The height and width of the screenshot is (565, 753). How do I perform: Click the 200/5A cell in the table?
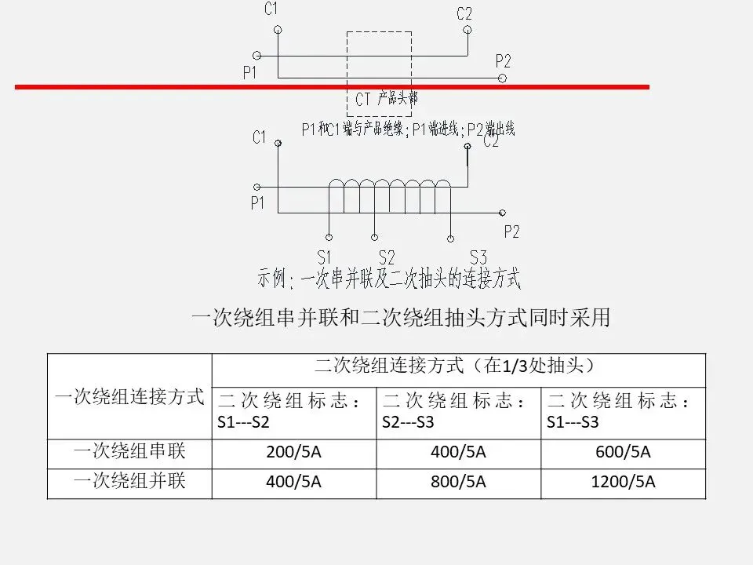click(x=294, y=453)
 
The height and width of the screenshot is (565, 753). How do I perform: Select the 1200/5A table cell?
click(x=623, y=482)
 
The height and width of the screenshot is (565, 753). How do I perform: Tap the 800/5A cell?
click(x=458, y=482)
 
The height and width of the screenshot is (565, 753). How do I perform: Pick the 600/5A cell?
click(x=623, y=453)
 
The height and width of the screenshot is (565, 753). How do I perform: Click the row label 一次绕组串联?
click(x=129, y=452)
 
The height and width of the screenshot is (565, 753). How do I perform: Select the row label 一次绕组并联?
click(x=129, y=481)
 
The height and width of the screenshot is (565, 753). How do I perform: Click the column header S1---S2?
click(x=294, y=411)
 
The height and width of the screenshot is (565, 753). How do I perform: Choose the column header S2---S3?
click(x=458, y=411)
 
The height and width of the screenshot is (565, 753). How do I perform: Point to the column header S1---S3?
click(x=623, y=411)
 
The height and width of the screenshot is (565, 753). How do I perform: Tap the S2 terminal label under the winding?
click(x=387, y=257)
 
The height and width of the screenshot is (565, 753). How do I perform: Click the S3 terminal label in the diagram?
click(x=478, y=257)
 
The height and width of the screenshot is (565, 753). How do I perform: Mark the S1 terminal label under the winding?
click(x=326, y=257)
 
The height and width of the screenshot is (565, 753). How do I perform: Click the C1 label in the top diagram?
click(x=271, y=10)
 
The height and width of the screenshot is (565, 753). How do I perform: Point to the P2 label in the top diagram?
click(x=504, y=60)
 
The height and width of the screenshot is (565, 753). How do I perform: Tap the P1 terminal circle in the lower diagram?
click(x=256, y=188)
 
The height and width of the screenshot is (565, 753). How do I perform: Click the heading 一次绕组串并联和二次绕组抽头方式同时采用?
click(x=401, y=318)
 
